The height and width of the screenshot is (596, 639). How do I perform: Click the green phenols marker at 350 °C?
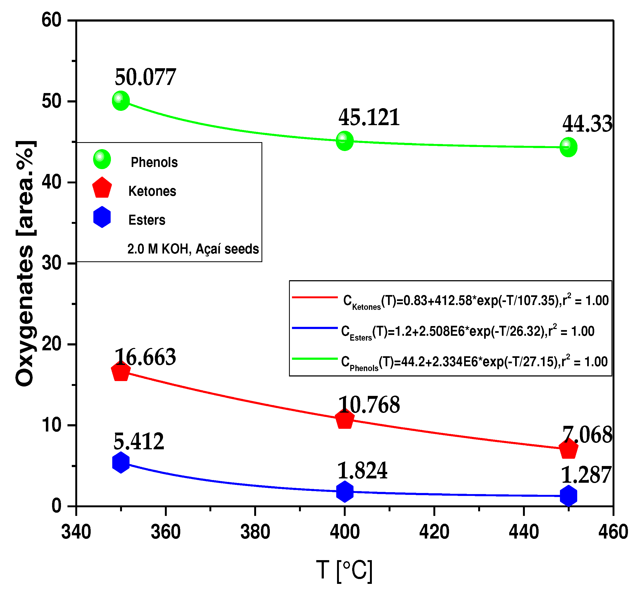[x=121, y=101]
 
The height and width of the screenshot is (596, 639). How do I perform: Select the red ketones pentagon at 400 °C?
[x=345, y=419]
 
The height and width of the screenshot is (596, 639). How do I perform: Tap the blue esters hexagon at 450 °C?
[x=568, y=495]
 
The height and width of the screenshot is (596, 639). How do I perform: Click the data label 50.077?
[x=145, y=77]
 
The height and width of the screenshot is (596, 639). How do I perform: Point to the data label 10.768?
[x=369, y=405]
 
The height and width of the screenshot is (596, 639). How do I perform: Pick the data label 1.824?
[x=362, y=471]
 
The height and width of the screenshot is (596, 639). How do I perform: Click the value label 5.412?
[x=139, y=441]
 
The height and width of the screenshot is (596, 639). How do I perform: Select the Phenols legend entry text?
[x=154, y=162]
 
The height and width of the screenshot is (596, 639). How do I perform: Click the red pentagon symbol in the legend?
[x=102, y=188]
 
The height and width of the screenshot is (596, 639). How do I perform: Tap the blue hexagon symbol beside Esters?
[x=102, y=217]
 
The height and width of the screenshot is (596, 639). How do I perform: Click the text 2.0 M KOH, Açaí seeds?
[x=193, y=249]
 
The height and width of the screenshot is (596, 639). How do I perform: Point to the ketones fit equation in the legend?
[x=476, y=301]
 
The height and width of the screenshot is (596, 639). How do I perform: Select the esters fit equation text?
[x=468, y=331]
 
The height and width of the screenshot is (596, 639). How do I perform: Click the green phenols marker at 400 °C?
[x=345, y=141]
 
